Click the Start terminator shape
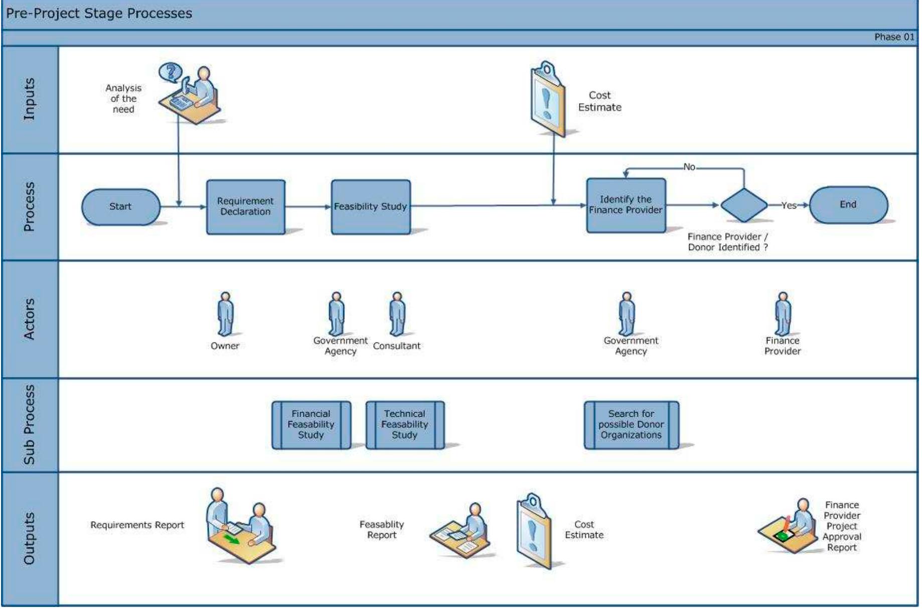click(120, 206)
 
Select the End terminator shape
click(848, 204)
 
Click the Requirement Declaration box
click(245, 206)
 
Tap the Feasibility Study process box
click(370, 206)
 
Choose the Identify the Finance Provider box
click(626, 205)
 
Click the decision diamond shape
click(743, 205)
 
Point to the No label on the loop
click(689, 167)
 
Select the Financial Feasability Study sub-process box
click(311, 424)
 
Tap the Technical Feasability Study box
click(404, 424)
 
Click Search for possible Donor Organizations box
click(631, 424)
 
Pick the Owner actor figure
click(225, 314)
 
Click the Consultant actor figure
click(397, 314)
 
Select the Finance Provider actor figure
click(783, 314)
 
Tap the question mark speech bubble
click(171, 72)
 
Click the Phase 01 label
click(893, 37)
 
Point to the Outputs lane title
click(30, 538)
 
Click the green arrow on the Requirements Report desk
click(231, 540)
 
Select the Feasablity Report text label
click(381, 530)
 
